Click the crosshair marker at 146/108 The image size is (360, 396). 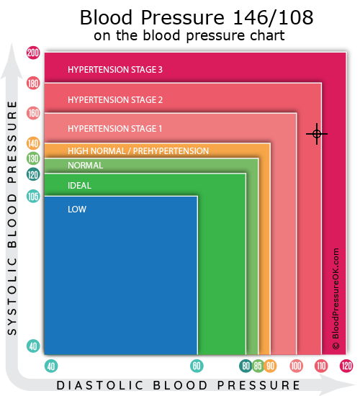coord(317,134)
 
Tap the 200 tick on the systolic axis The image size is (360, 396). coord(33,53)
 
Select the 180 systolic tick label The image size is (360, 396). coord(33,83)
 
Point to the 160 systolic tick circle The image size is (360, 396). coord(33,113)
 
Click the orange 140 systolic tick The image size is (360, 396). coord(33,143)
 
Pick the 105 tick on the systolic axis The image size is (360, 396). coord(33,197)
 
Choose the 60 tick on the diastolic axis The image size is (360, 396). coord(197,366)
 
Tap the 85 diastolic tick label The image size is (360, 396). coord(258,366)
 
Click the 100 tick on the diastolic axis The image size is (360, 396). coord(296,366)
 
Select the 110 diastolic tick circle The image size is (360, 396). coord(321,366)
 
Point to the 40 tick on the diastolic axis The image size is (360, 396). coord(51,366)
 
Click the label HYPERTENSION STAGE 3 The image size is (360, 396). coord(115,70)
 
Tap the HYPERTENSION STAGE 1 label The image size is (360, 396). coord(114,129)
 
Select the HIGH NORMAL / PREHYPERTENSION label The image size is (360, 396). coord(138,151)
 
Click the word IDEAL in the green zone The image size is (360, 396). coord(79,186)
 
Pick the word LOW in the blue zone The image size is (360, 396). coord(77,210)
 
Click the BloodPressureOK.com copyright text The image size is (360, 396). coord(336,299)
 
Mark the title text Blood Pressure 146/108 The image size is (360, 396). coord(197,17)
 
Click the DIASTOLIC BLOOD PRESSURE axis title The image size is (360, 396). coord(179,385)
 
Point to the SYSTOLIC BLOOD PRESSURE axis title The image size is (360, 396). coord(12,218)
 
